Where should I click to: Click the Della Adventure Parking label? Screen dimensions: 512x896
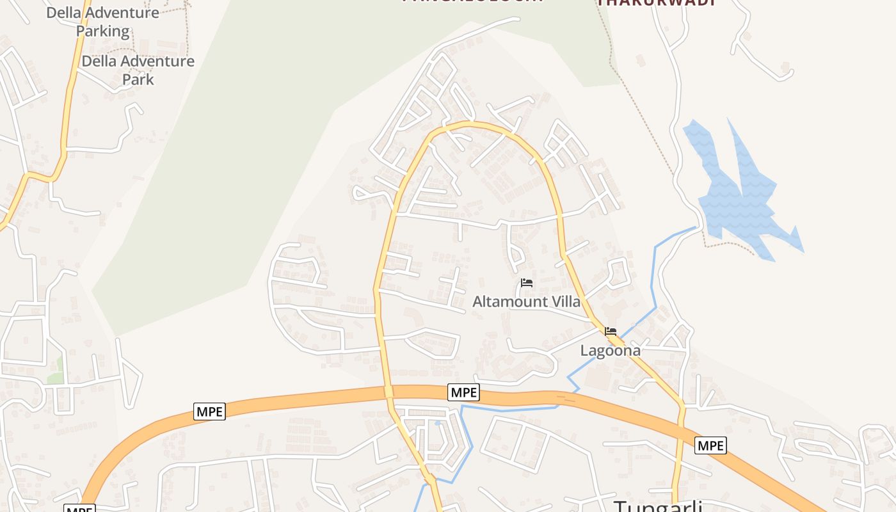point(102,21)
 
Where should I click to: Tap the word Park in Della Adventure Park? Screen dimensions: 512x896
point(138,79)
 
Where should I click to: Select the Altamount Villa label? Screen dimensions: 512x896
point(526,301)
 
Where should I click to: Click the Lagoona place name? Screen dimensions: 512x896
point(610,350)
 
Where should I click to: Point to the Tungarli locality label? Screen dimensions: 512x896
point(658,506)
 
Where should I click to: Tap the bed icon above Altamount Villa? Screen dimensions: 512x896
point(526,283)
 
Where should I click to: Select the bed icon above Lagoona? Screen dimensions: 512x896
point(611,332)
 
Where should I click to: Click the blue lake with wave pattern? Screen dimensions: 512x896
point(742,198)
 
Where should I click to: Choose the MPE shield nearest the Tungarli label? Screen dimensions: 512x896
point(710,445)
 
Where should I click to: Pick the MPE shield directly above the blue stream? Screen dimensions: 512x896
point(463,392)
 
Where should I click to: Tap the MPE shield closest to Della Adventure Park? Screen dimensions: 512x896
point(209,412)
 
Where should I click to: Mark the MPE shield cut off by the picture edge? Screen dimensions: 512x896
point(79,509)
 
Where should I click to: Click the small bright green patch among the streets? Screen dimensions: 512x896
point(57,371)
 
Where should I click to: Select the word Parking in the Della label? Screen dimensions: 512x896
point(102,31)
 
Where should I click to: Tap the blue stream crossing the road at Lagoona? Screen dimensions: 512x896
point(630,328)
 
